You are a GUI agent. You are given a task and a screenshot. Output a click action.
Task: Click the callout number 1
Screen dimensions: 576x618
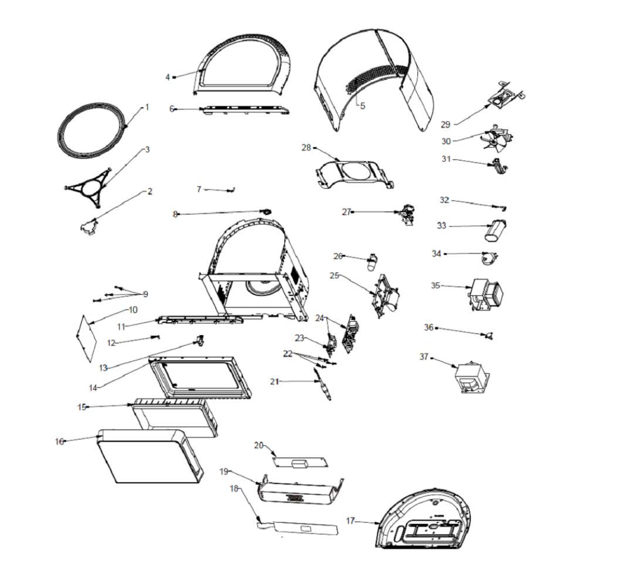tap(147, 107)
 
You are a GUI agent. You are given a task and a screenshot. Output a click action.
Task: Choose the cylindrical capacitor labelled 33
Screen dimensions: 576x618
tap(496, 230)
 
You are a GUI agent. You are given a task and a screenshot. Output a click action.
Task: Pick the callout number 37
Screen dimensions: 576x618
tap(425, 356)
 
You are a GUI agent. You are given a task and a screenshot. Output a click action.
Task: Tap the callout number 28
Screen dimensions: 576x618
tap(306, 148)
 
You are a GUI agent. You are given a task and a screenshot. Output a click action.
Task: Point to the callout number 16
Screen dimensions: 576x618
tap(59, 441)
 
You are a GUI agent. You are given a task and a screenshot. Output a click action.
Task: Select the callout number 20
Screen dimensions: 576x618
tap(259, 445)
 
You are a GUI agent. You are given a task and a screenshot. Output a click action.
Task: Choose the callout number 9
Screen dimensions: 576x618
tap(146, 294)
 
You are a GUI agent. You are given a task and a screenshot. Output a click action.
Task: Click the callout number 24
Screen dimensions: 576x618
tap(319, 318)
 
